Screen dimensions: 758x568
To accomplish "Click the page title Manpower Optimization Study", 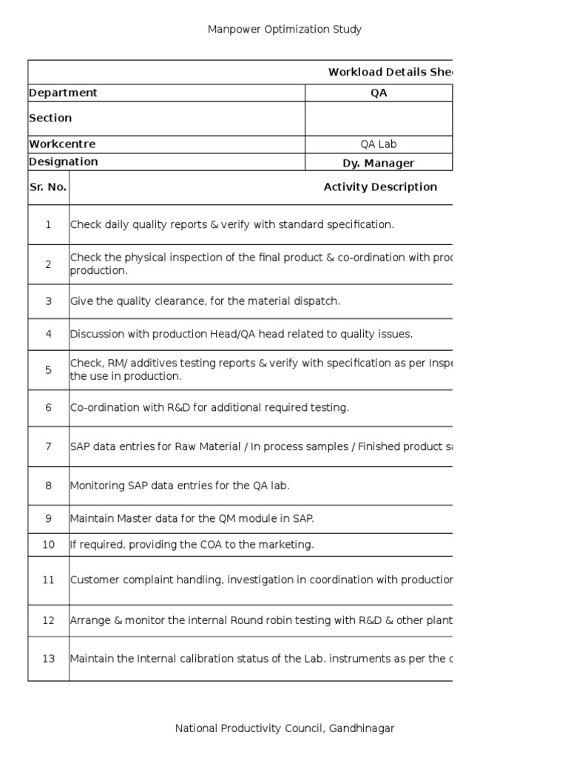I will [x=284, y=30].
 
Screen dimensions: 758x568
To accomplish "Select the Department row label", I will [x=63, y=93].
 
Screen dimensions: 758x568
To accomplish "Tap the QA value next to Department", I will [x=379, y=93].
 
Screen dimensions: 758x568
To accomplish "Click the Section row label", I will [x=50, y=118].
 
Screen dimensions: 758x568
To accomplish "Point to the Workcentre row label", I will [x=62, y=144].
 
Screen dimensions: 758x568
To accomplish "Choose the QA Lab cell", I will [x=379, y=144].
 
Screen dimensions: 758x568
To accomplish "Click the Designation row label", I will [x=63, y=161].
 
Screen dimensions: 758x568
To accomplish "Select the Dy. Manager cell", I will [x=379, y=163].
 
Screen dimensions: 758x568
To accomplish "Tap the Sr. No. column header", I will [x=48, y=187].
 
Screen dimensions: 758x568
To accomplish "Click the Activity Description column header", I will [x=380, y=187].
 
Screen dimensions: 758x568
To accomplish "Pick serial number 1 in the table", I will [x=48, y=224].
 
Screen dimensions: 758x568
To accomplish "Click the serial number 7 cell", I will [x=48, y=446].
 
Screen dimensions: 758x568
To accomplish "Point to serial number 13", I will [x=48, y=658].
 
